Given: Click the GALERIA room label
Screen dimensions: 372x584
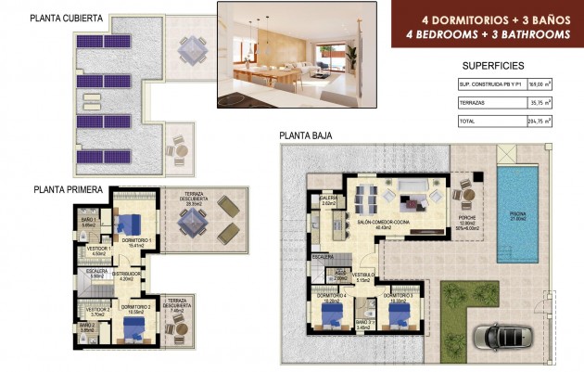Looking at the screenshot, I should coord(327,199).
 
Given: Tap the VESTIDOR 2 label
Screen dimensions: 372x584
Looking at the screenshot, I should coord(98,310).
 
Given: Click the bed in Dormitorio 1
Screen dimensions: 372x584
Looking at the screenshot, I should coord(130,223).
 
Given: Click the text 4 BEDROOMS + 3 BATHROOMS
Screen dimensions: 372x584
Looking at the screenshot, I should coord(480,35).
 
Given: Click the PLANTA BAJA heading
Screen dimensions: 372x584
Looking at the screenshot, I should coord(306,136).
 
